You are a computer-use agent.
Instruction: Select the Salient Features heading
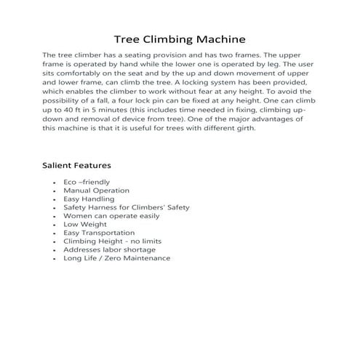[x=76, y=165]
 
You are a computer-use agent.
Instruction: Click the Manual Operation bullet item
[x=96, y=191]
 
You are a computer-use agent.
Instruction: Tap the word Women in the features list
[x=77, y=216]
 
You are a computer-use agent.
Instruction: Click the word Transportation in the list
[x=113, y=233]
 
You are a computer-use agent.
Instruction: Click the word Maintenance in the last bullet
[x=143, y=258]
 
